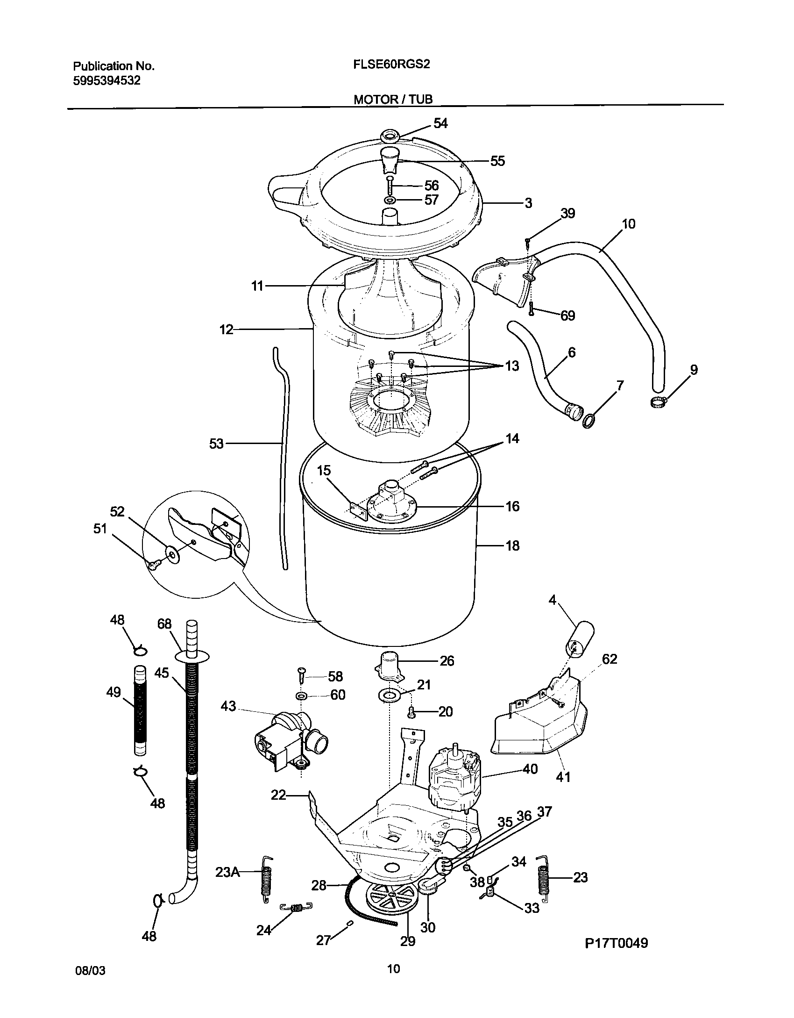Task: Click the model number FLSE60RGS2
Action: click(x=391, y=65)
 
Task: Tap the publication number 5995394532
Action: click(x=107, y=81)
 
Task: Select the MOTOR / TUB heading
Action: click(x=393, y=100)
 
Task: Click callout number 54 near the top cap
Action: click(x=440, y=123)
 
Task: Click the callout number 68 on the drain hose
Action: click(x=164, y=624)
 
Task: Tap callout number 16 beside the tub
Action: click(x=512, y=506)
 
